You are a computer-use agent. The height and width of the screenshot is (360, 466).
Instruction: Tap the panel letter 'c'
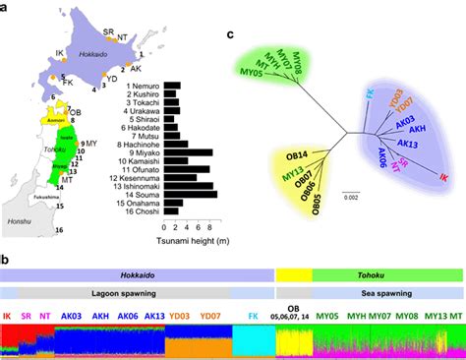tap(230, 36)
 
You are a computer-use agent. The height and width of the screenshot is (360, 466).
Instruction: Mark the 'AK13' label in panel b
tap(153, 317)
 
